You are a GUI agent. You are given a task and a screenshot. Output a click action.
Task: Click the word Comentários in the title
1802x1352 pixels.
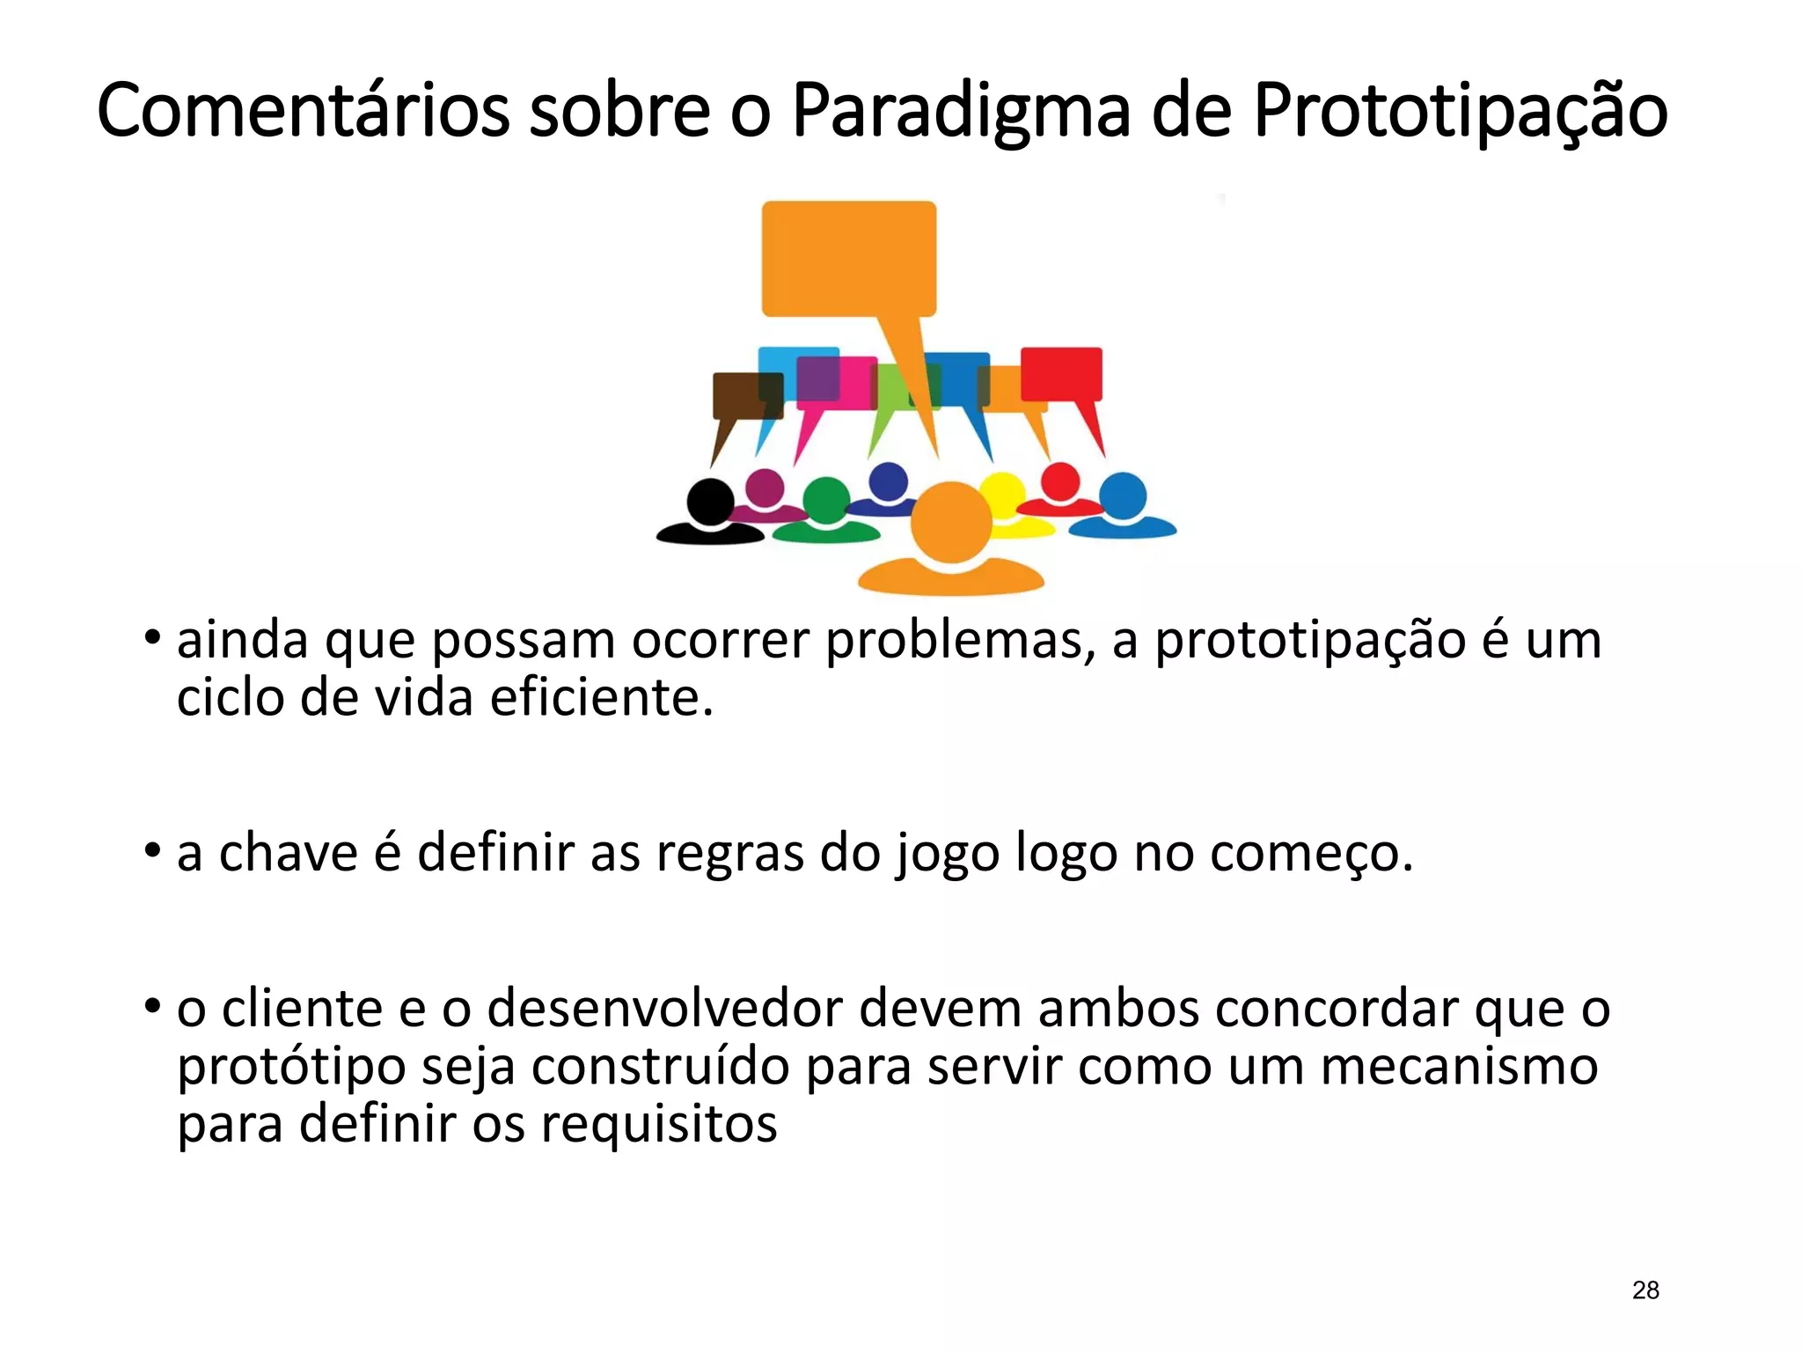303,111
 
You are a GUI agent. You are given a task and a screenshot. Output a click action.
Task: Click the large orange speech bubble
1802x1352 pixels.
848,258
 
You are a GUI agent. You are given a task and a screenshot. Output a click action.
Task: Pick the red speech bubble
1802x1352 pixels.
1061,373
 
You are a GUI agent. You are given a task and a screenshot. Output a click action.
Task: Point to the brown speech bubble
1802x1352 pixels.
746,395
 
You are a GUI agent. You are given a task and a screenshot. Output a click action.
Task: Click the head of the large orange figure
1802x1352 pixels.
951,522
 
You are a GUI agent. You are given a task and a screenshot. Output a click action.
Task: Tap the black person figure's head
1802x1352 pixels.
709,502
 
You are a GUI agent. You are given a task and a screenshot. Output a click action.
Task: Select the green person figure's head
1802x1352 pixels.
825,500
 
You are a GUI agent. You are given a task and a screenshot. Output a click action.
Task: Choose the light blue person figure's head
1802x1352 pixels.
1123,496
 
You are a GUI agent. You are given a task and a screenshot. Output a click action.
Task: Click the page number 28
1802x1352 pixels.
1645,1290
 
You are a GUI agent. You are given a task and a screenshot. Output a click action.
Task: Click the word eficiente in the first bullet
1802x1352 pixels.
600,699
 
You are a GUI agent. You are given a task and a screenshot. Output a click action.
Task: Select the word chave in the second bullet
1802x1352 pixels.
288,853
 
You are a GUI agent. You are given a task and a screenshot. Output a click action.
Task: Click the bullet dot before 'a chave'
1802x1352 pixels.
153,851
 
